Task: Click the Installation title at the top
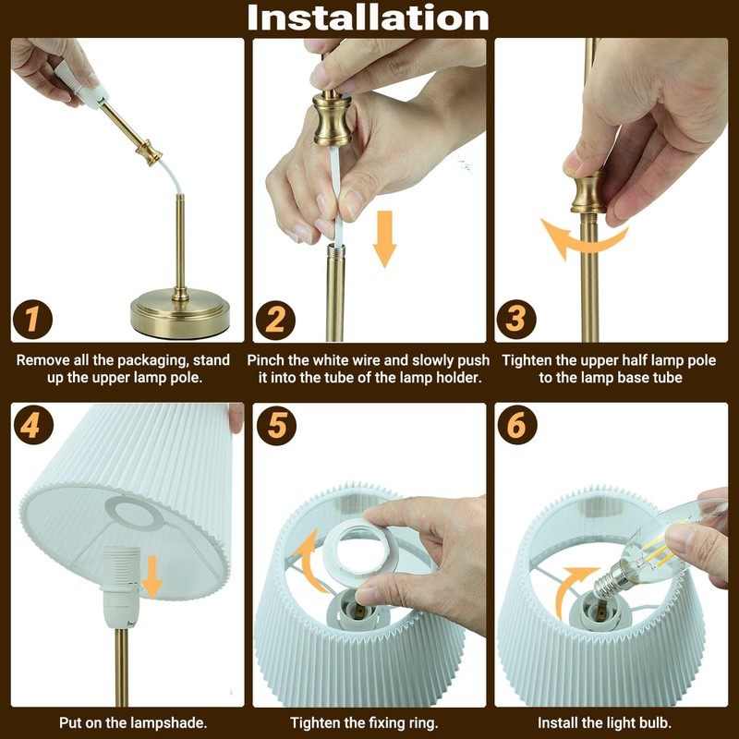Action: point(368,18)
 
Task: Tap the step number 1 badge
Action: point(32,319)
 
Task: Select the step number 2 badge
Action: point(275,320)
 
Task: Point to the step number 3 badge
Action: point(516,319)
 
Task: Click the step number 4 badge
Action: point(32,426)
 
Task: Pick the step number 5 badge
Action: point(276,426)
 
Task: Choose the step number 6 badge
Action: point(517,425)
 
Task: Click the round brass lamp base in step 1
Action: point(180,312)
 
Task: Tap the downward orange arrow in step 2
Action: point(384,239)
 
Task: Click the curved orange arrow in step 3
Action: point(583,242)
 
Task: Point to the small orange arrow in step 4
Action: point(152,576)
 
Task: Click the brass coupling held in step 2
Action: point(333,118)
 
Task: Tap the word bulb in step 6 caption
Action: point(656,722)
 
